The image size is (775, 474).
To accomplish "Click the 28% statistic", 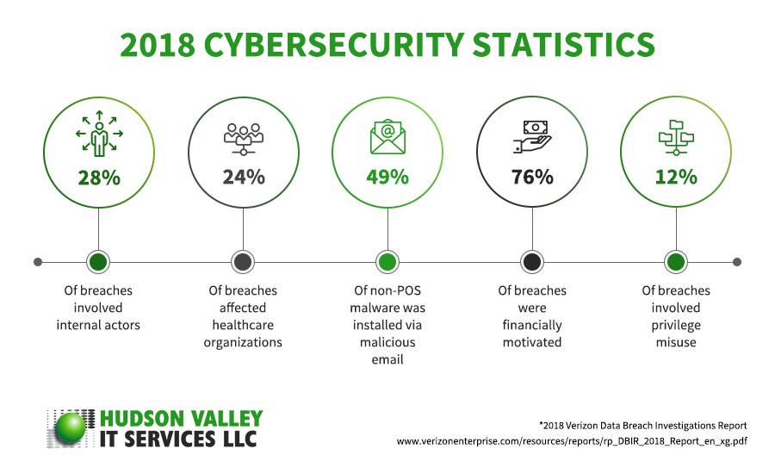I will [x=98, y=178].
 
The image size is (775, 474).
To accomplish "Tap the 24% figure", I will [x=243, y=178].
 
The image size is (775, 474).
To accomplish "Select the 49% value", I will [x=387, y=178].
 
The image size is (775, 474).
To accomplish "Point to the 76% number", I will [x=532, y=178].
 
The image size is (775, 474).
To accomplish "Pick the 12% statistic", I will [x=676, y=178].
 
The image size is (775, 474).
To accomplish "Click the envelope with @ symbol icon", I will [x=387, y=136].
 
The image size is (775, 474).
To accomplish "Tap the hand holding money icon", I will [x=532, y=136].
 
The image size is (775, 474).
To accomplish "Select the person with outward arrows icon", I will [x=99, y=134].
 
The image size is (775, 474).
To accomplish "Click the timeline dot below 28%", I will [x=98, y=261].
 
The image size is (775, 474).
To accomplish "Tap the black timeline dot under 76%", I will [x=532, y=261].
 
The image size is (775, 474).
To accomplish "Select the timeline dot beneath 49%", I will [x=387, y=261].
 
